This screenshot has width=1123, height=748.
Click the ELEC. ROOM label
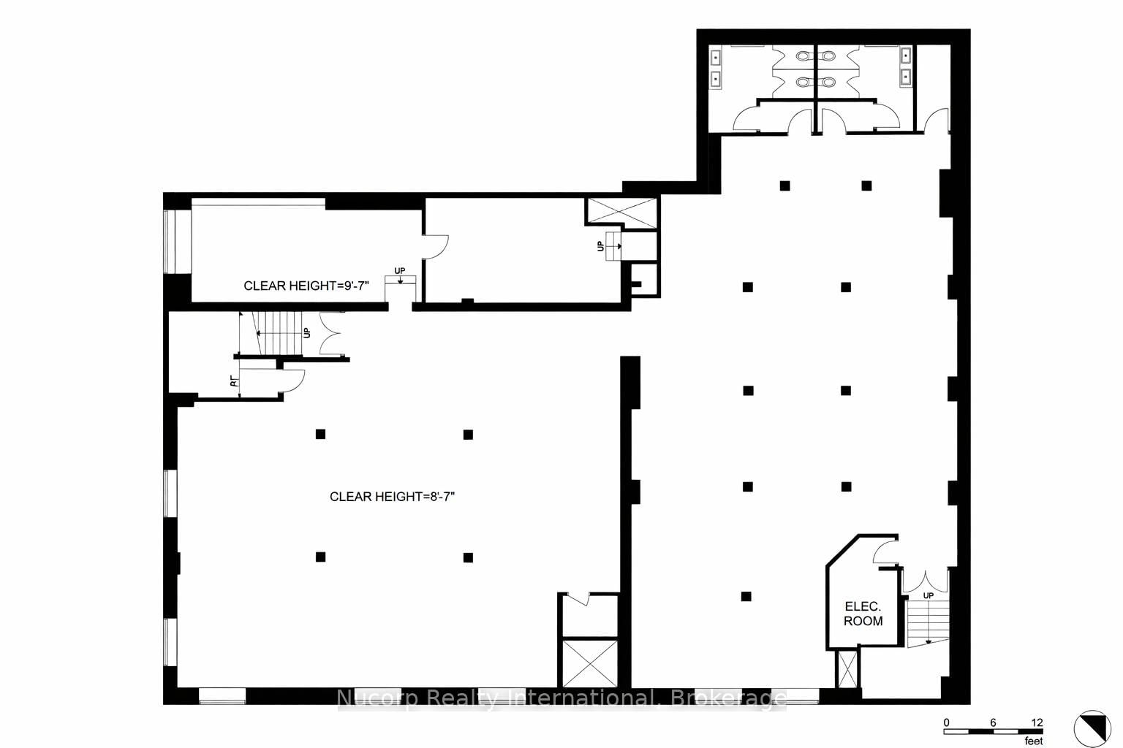pos(863,614)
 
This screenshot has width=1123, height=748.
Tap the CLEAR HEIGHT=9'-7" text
pos(306,286)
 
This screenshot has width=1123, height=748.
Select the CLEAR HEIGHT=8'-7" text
pos(393,497)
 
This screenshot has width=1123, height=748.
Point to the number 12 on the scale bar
pos(1037,723)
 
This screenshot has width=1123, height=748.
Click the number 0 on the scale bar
pos(946,723)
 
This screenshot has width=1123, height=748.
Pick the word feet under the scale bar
pos(1034,741)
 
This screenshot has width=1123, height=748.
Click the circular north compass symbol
pos(1092,728)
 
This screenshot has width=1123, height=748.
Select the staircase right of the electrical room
pos(927,622)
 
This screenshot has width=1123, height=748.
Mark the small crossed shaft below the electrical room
pos(848,668)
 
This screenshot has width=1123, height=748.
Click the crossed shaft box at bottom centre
pos(589,663)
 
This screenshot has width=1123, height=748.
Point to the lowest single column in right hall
pos(746,597)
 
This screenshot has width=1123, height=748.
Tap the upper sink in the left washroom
pos(715,57)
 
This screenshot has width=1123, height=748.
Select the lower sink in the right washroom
pos(906,75)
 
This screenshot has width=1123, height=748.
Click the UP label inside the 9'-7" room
pos(399,272)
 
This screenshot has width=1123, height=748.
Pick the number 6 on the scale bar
pos(993,723)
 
